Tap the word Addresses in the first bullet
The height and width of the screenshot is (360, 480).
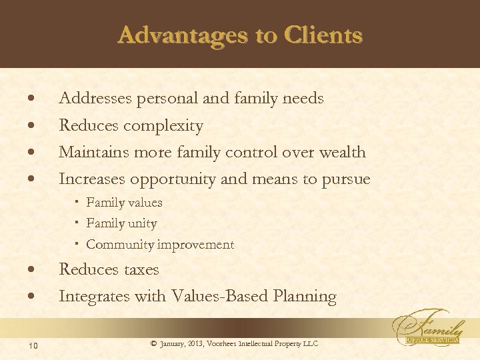[95, 99]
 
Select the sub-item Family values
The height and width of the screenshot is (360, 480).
[124, 202]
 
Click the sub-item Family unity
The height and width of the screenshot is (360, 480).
[121, 223]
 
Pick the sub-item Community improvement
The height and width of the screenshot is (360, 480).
[160, 245]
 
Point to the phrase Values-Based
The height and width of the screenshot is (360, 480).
[215, 296]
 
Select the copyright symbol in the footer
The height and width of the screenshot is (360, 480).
[153, 343]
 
